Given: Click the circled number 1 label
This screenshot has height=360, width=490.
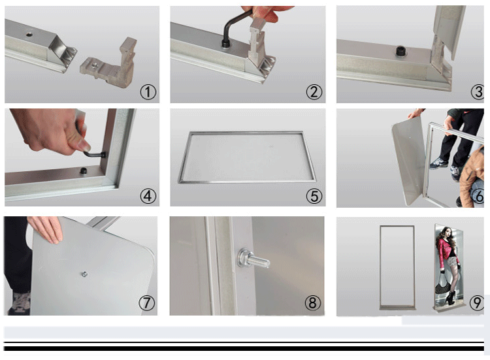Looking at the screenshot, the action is [148, 92].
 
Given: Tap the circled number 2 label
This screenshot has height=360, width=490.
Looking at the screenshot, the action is [314, 92].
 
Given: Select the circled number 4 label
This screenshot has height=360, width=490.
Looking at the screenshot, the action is [148, 196].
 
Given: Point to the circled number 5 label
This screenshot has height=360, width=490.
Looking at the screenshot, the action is [314, 196].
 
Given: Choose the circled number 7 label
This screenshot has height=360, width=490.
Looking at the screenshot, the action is [146, 303].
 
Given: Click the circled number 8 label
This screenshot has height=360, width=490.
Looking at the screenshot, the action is [312, 303].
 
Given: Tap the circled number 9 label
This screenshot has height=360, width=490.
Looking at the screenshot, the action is [476, 303].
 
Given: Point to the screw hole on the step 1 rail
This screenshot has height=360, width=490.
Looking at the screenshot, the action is [29, 34].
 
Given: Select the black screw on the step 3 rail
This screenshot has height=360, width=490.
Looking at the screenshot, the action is [400, 51].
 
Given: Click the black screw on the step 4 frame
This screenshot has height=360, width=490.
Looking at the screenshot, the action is [84, 171].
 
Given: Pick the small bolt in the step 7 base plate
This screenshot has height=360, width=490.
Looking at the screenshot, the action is [84, 274].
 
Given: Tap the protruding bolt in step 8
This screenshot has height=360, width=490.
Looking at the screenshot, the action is [253, 259].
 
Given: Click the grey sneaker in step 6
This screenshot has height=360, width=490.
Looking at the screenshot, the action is [438, 163].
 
